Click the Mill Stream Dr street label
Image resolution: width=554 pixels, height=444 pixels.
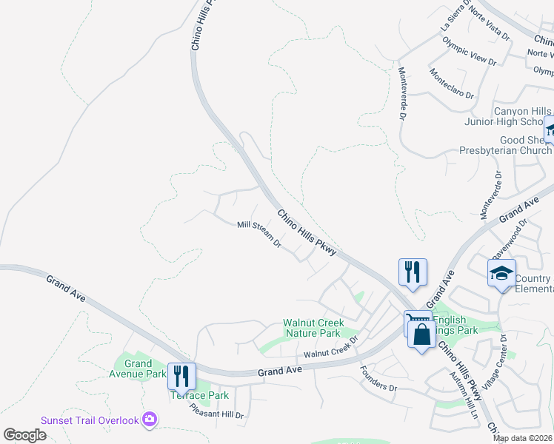tap(259, 234)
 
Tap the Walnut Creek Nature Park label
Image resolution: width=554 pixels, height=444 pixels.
tap(314, 329)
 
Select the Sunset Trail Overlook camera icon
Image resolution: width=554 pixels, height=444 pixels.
tap(150, 420)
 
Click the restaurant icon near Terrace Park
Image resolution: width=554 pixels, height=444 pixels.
tap(181, 376)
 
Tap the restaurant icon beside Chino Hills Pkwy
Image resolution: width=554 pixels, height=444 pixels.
tap(413, 272)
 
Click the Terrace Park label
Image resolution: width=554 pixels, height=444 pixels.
tap(200, 396)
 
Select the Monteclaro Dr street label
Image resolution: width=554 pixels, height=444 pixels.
tap(450, 83)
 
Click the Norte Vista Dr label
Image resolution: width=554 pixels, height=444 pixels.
tap(486, 27)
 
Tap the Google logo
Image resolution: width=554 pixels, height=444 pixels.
tap(24, 434)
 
